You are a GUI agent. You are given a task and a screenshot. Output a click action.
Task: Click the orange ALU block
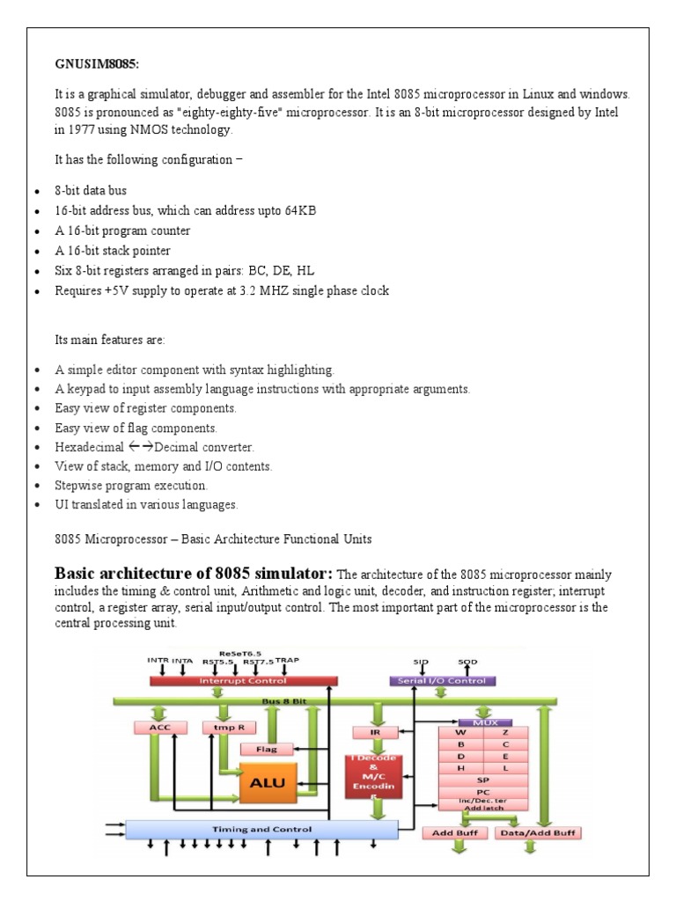pos(268,782)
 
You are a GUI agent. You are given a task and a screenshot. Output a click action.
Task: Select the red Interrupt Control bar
pos(244,680)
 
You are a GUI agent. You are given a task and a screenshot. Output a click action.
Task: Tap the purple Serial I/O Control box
pos(442,680)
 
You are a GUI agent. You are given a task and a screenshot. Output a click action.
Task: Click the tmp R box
pos(222,728)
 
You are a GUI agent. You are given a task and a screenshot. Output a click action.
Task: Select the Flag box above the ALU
pos(267,750)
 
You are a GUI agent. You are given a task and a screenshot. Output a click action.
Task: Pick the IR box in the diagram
pos(364,731)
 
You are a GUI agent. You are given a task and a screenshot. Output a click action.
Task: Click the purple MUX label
pos(485,722)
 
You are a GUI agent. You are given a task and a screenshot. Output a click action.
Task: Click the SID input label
pos(420,660)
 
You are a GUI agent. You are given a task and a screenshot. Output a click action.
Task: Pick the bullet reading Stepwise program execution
pos(131,485)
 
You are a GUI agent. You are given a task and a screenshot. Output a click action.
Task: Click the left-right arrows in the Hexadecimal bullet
pos(141,447)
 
